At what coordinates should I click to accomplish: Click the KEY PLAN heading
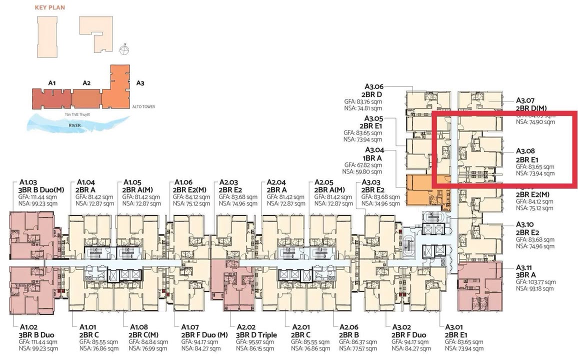tap(49, 8)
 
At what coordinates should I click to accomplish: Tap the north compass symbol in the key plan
tap(124, 49)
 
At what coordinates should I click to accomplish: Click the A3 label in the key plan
tap(140, 83)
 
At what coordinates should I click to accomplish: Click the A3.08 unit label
tap(525, 150)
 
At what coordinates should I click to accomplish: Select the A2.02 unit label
tap(246, 326)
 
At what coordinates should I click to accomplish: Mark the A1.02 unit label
tap(29, 326)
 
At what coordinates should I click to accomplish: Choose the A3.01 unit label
tap(454, 326)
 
